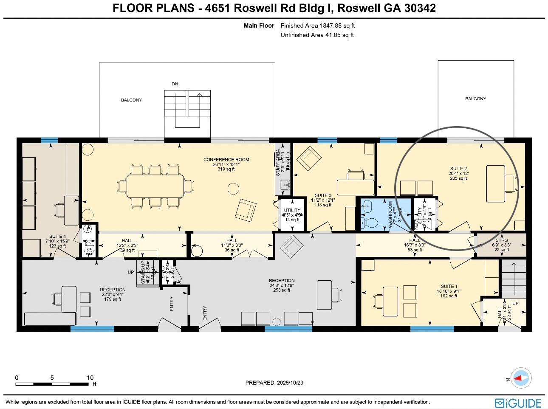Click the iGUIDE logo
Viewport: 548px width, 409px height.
[x=518, y=403]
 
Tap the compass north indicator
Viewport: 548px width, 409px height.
[x=520, y=378]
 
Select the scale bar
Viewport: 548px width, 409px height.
[x=52, y=384]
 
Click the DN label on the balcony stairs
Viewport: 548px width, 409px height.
[x=175, y=84]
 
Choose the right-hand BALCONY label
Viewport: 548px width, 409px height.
[x=475, y=99]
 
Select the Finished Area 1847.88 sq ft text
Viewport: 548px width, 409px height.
[x=317, y=25]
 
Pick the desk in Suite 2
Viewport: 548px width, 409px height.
[x=495, y=183]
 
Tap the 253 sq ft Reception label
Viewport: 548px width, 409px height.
[x=281, y=285]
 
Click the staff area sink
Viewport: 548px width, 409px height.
[x=285, y=184]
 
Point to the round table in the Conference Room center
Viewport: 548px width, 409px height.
[x=233, y=188]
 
